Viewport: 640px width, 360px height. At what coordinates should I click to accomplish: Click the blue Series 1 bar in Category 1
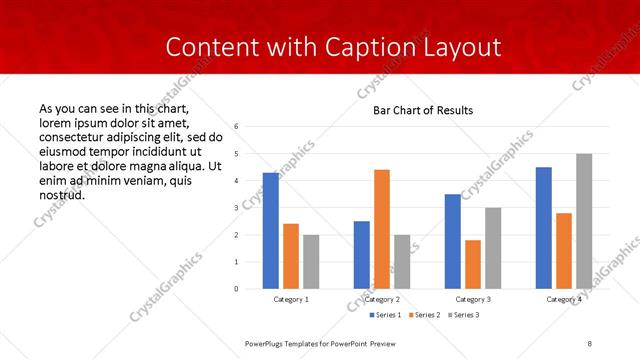click(271, 231)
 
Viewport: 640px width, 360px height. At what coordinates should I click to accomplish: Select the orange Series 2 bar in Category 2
click(382, 229)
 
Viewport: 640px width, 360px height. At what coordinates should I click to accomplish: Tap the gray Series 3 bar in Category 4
click(584, 221)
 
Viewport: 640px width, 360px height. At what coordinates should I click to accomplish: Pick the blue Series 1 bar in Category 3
click(453, 241)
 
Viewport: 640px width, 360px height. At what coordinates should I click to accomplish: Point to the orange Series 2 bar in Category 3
click(473, 264)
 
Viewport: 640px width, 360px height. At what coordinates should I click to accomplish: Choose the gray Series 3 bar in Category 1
click(311, 262)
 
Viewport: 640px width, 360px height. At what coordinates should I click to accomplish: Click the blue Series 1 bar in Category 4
click(544, 228)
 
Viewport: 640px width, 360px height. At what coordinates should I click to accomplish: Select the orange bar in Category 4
click(564, 251)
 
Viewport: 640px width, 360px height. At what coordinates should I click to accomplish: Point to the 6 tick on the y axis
click(236, 127)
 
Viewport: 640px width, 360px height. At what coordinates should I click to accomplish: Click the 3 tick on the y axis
click(236, 208)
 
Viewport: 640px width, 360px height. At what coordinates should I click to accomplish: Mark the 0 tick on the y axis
click(236, 289)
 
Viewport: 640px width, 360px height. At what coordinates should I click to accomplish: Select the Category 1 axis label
click(291, 299)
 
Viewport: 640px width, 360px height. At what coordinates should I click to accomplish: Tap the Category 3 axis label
click(473, 299)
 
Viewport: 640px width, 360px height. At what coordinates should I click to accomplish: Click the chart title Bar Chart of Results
click(423, 109)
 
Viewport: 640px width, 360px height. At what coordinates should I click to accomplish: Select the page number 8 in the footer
click(590, 343)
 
